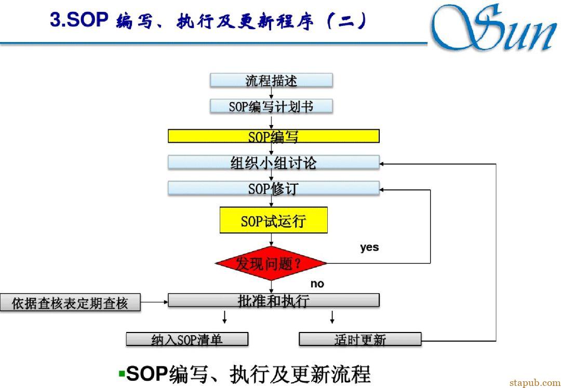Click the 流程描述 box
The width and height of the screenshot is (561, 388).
click(271, 80)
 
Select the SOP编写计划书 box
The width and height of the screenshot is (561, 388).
click(271, 106)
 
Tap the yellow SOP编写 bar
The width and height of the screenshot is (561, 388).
click(274, 136)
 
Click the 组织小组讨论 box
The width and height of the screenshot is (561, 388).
click(274, 162)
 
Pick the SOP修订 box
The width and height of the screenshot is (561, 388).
click(274, 188)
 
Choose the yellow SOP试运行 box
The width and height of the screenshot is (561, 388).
click(274, 220)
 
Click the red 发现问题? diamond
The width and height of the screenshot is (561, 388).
click(271, 264)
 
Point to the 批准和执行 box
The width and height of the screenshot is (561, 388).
click(274, 300)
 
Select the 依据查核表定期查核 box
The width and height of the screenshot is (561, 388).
click(70, 303)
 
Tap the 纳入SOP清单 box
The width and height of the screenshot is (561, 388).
click(187, 339)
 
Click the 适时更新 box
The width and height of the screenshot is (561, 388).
click(360, 339)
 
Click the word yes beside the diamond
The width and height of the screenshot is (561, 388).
click(369, 247)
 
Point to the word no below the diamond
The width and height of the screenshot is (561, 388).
click(317, 284)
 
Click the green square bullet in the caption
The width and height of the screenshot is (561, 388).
click(122, 374)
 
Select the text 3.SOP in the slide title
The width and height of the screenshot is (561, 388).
click(79, 20)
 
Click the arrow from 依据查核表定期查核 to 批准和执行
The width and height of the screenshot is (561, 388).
click(154, 302)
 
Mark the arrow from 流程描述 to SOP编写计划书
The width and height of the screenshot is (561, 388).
click(271, 93)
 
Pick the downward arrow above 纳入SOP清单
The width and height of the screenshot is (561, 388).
click(224, 317)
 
